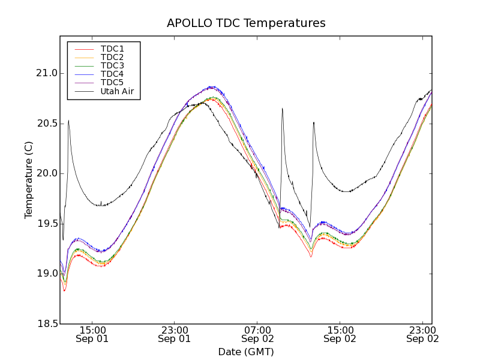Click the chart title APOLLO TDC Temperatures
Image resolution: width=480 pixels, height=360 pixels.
coord(246,23)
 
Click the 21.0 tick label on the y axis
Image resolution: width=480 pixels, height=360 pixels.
coord(46,73)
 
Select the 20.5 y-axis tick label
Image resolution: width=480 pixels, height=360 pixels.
coord(46,124)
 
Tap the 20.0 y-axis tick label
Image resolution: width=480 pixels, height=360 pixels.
coord(46,173)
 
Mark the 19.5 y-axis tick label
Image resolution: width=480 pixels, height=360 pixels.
coord(46,224)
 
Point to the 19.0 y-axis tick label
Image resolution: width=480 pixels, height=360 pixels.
coord(46,274)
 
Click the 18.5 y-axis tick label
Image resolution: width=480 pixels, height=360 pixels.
coord(46,324)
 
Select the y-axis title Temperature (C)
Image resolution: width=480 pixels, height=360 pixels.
coord(29,180)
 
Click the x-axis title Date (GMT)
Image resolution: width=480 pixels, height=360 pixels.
coord(246,352)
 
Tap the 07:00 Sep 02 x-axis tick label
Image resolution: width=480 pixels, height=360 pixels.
coord(257,334)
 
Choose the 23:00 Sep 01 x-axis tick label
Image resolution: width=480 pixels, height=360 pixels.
coord(175,334)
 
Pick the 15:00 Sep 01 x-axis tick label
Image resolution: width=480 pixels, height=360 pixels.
coord(92,334)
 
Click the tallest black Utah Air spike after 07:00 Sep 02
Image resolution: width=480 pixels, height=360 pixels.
coord(282,109)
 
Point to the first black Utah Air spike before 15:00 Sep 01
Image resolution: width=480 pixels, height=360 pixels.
coord(68,121)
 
